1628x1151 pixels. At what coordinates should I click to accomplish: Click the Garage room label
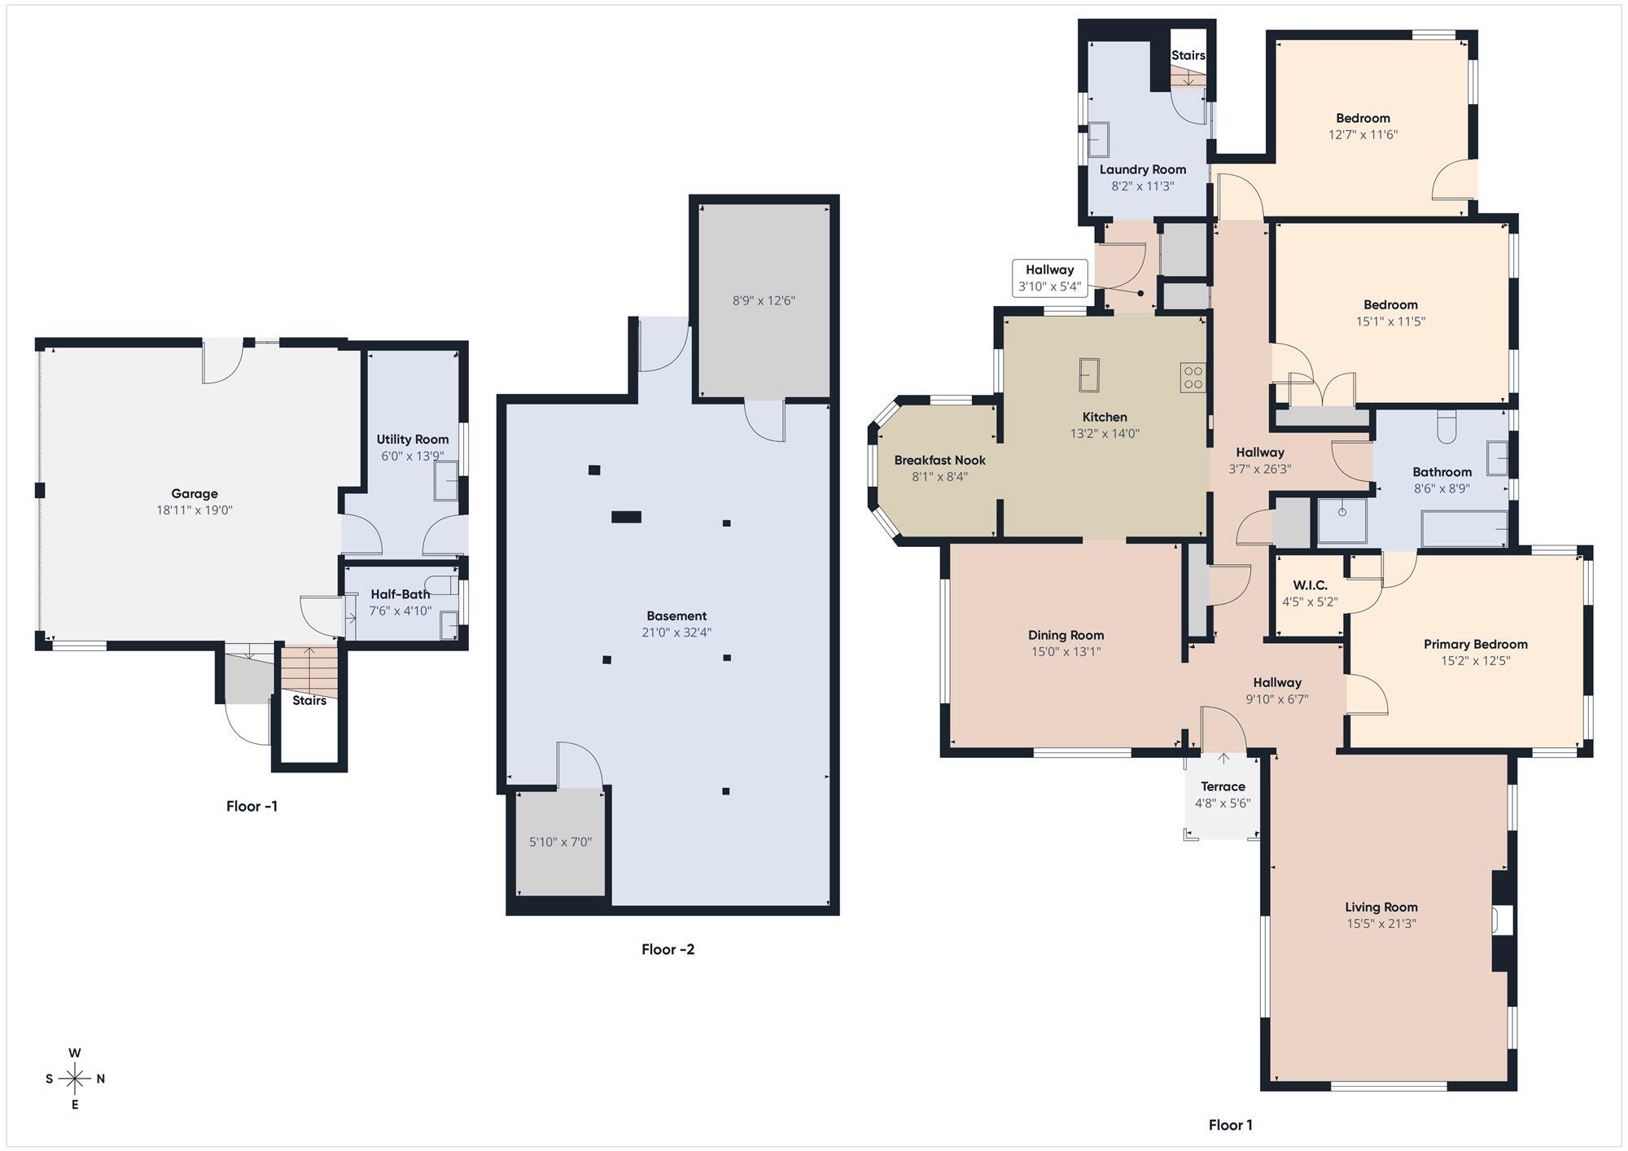tap(195, 493)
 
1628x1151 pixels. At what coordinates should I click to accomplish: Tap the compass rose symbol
tap(75, 1079)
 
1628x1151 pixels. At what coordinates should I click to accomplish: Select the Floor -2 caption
tap(667, 949)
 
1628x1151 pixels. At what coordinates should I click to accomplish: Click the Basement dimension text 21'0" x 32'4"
tap(676, 632)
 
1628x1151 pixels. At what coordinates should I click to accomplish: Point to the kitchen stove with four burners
tap(1193, 378)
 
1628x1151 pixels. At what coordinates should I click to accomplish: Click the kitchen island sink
tap(1089, 374)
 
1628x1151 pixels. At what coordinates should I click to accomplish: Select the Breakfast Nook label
tap(939, 461)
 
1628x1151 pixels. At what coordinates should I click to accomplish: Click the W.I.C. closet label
tap(1310, 585)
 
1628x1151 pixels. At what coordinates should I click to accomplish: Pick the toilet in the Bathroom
tap(1446, 427)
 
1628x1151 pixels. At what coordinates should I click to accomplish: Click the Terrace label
tap(1223, 786)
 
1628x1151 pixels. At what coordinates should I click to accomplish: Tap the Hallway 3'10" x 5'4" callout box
tap(1049, 278)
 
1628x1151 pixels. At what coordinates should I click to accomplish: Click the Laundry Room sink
tap(1099, 139)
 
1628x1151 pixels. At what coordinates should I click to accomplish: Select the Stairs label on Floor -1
tap(309, 700)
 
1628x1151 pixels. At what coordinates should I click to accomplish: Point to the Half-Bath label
tap(400, 594)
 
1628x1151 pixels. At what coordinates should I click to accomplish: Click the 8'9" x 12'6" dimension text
tap(764, 300)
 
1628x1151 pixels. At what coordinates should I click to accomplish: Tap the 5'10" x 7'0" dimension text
tap(560, 842)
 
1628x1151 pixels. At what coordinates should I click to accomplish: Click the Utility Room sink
tap(446, 480)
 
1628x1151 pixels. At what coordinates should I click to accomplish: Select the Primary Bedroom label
tap(1475, 644)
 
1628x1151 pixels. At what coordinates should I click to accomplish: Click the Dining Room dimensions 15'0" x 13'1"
tap(1066, 652)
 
